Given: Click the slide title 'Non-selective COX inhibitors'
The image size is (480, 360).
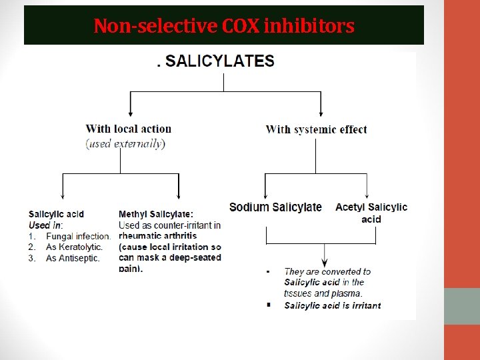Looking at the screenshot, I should [224, 26].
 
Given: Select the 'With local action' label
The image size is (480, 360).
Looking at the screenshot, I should [129, 129].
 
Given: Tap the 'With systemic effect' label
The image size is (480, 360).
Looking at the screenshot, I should [316, 129].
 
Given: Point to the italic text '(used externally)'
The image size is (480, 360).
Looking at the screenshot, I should [125, 143].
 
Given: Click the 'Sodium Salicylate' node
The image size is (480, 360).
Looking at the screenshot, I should [275, 207].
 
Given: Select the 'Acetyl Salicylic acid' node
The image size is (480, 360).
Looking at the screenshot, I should [371, 213].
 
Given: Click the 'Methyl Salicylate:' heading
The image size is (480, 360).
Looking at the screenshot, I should [156, 214].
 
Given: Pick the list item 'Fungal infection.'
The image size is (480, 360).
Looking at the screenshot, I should [78, 236].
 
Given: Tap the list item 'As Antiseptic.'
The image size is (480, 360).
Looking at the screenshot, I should [73, 258].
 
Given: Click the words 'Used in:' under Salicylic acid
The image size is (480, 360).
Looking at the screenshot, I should [45, 225].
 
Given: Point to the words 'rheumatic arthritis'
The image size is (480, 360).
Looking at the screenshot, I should [158, 236].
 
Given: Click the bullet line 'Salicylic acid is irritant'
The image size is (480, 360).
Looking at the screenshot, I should [332, 305].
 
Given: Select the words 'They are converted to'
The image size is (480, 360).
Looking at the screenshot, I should [327, 271].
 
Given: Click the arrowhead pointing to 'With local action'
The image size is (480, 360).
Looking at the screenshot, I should [131, 114].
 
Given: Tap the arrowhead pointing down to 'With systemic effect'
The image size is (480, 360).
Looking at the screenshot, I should [321, 114].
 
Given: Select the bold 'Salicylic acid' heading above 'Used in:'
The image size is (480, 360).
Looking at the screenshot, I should [56, 214].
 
